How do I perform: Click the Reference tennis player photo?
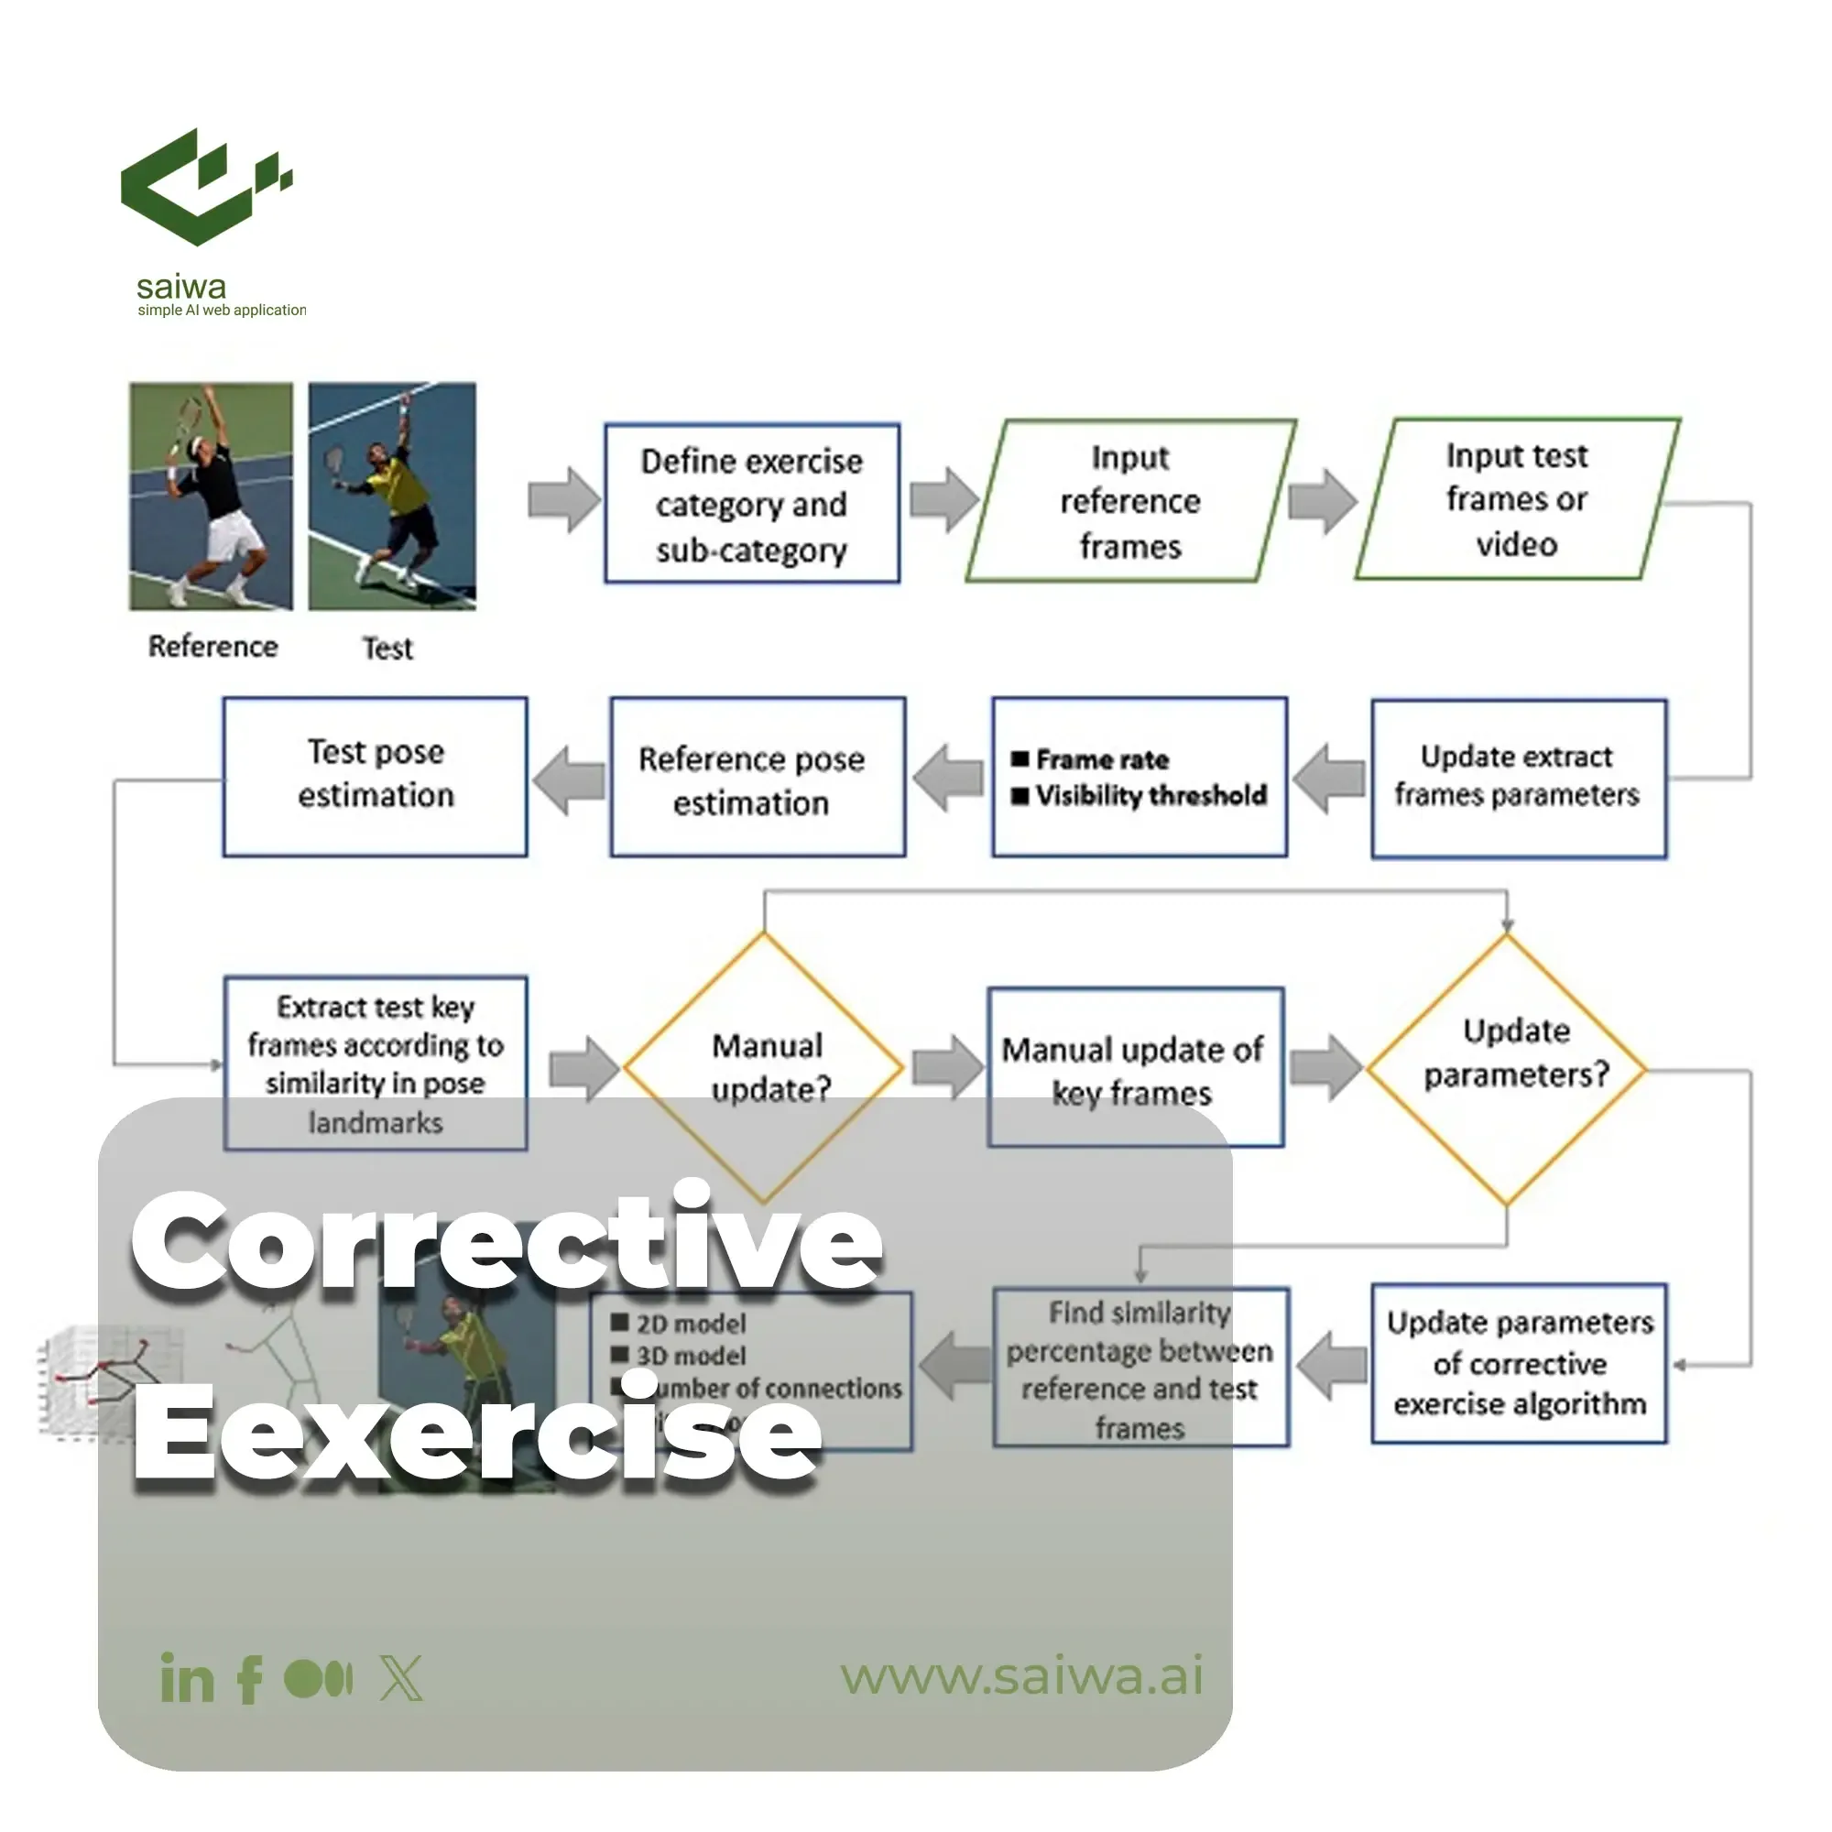tap(211, 496)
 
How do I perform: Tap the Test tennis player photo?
tap(392, 496)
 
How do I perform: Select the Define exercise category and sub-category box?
tap(752, 504)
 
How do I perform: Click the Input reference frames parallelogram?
tap(1130, 501)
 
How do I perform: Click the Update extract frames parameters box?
tap(1517, 778)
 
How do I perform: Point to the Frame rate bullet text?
tap(1102, 759)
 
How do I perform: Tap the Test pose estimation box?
tap(376, 776)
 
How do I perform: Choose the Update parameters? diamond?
tap(1507, 1069)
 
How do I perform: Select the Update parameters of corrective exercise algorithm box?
tap(1519, 1364)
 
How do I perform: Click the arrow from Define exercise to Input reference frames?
tap(943, 500)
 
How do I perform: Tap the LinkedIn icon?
tap(187, 1678)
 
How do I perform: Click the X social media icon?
tap(402, 1678)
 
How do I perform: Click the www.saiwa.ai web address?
tap(1021, 1675)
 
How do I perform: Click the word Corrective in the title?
tap(507, 1240)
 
